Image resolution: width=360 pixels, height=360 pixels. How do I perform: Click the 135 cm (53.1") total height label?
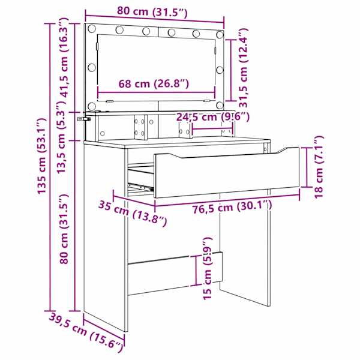(x=42, y=156)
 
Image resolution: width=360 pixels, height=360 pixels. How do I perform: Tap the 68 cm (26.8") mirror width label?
(x=154, y=83)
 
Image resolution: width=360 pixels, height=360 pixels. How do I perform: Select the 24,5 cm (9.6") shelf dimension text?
(x=212, y=117)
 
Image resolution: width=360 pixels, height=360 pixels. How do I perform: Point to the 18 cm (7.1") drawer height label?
(x=319, y=167)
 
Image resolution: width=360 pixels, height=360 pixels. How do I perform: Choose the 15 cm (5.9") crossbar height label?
(x=208, y=268)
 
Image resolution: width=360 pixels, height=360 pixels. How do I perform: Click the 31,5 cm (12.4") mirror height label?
(x=244, y=68)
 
